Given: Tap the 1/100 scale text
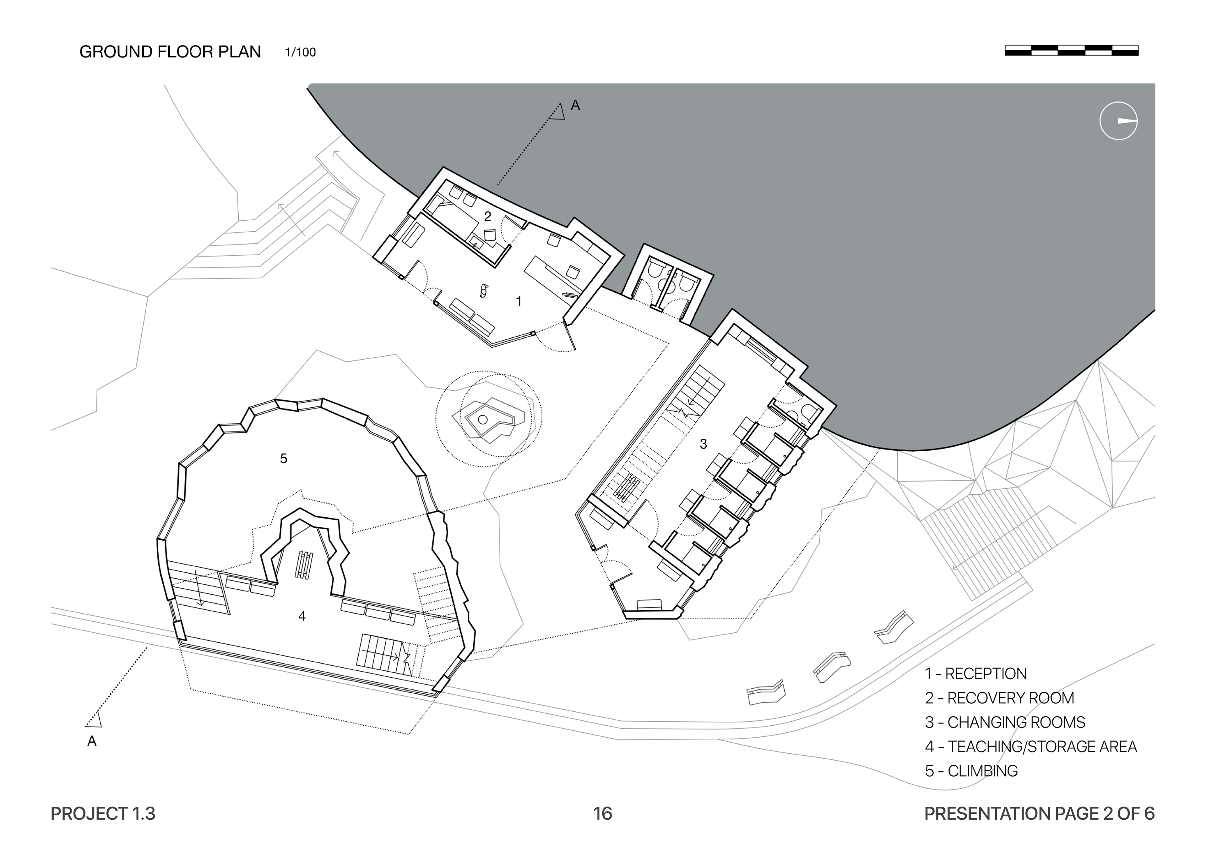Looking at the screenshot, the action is click(x=301, y=52).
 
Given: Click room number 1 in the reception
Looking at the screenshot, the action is click(x=519, y=301).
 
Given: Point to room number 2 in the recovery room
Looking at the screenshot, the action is click(x=487, y=216).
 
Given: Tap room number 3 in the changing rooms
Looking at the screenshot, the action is click(x=703, y=444).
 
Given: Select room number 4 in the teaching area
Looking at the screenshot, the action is click(x=302, y=616).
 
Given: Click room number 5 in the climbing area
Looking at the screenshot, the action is click(x=284, y=459).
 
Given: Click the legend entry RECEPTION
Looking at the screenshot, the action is click(x=976, y=674).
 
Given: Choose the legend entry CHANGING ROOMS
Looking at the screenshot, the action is click(x=1005, y=722).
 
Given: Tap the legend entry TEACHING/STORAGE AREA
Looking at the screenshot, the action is click(x=1030, y=746).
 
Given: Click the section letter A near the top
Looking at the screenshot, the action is click(x=575, y=106).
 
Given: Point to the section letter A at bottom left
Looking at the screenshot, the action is click(x=92, y=741).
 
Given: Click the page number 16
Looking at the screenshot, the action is click(x=602, y=814).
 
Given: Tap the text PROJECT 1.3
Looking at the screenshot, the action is click(x=103, y=814).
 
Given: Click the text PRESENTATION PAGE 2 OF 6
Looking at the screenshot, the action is click(x=1039, y=814).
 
